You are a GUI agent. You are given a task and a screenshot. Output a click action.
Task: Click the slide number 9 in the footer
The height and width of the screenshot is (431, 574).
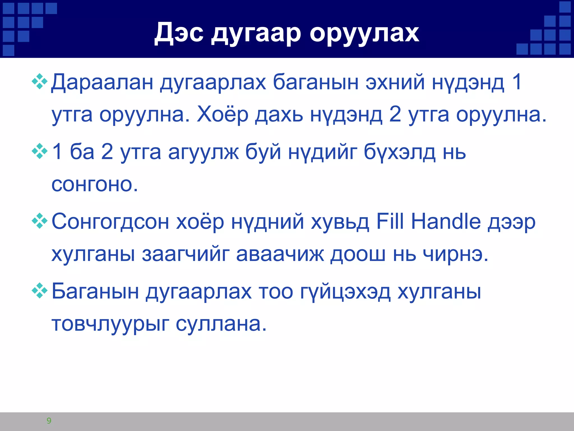pyautogui.click(x=49, y=421)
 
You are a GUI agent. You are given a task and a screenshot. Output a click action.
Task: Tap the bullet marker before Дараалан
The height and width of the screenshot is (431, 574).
pyautogui.click(x=40, y=81)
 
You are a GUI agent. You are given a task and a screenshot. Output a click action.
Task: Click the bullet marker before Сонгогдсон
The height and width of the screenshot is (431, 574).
pyautogui.click(x=40, y=221)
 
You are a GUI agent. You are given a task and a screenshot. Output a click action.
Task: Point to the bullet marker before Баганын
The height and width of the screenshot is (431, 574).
pyautogui.click(x=40, y=290)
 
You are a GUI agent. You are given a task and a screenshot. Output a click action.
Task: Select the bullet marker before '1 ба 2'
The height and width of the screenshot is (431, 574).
pyautogui.click(x=40, y=151)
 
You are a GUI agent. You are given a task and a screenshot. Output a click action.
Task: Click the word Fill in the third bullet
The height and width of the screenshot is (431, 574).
pyautogui.click(x=390, y=222)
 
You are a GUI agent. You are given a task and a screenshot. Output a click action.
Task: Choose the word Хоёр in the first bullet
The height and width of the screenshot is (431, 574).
pyautogui.click(x=222, y=115)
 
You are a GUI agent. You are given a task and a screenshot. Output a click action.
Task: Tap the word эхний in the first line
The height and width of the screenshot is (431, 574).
pyautogui.click(x=395, y=82)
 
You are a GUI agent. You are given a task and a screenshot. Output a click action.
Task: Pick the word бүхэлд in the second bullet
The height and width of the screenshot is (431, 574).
pyautogui.click(x=399, y=152)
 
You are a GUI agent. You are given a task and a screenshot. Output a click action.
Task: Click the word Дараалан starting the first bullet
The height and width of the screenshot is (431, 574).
pyautogui.click(x=102, y=82)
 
